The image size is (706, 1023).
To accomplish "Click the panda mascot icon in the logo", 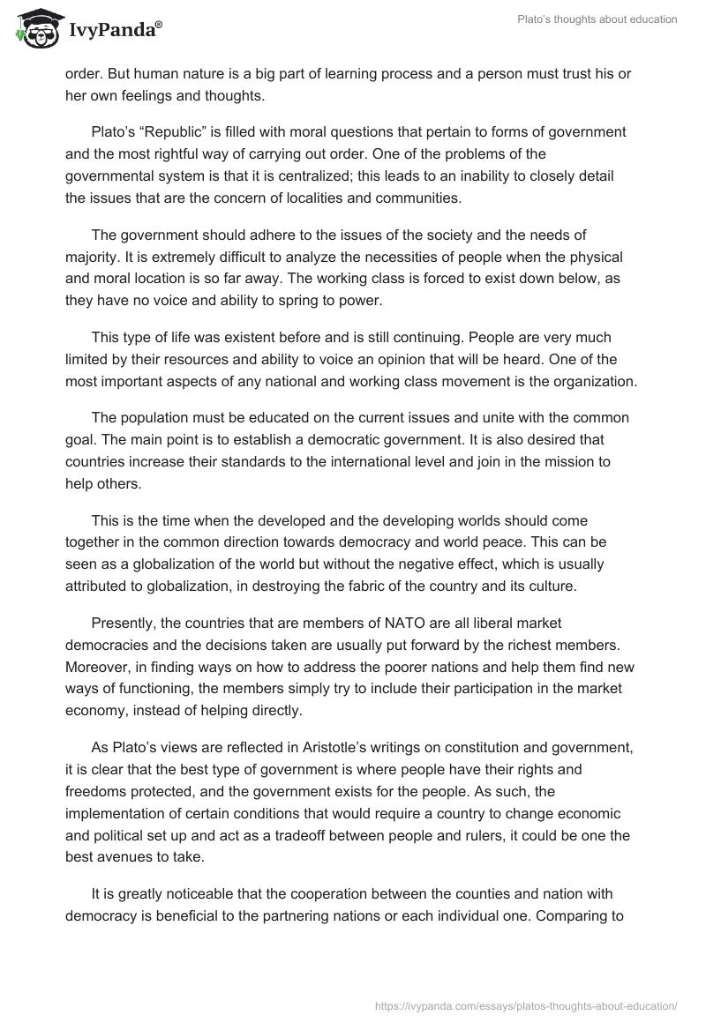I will [x=36, y=29].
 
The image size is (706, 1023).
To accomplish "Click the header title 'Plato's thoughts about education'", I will [x=596, y=19].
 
